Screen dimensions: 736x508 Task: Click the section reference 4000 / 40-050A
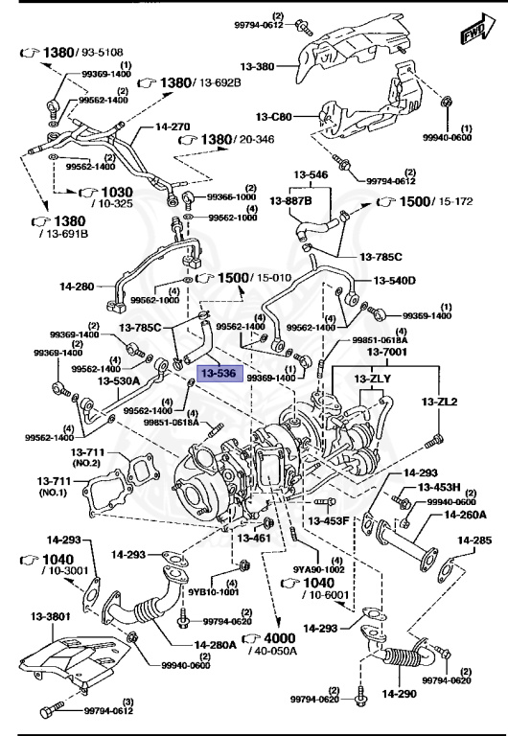[x=280, y=643]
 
